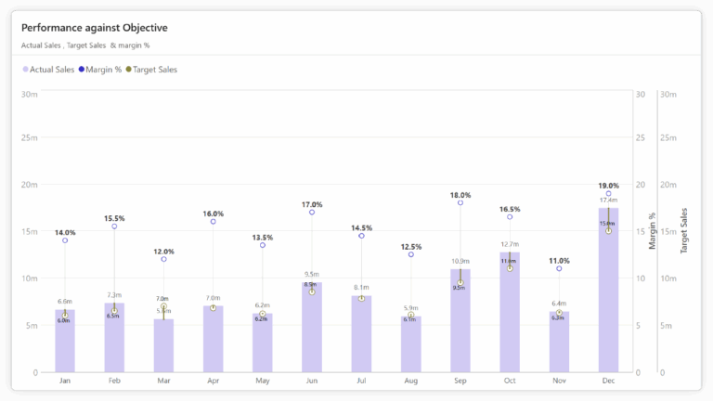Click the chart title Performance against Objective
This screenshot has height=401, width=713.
coord(94,27)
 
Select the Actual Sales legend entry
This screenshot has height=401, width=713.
coord(51,70)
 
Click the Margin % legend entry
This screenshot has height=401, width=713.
coord(103,70)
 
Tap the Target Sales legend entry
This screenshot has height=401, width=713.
coord(154,70)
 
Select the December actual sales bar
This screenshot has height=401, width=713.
coord(608,297)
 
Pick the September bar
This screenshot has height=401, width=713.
coord(460,325)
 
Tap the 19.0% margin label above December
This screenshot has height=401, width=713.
coord(608,186)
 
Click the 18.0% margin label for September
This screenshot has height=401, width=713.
coord(460,195)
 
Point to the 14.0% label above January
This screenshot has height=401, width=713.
coord(65,232)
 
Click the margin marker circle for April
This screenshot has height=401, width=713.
coord(214,222)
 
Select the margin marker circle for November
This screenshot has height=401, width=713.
coord(559,268)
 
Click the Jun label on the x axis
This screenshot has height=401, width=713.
coord(312,382)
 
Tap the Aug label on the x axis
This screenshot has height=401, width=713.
coord(410,382)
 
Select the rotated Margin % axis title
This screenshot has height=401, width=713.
coord(653,230)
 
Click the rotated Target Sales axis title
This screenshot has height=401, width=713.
coord(684,231)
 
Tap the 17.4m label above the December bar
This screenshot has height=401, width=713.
coord(608,200)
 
